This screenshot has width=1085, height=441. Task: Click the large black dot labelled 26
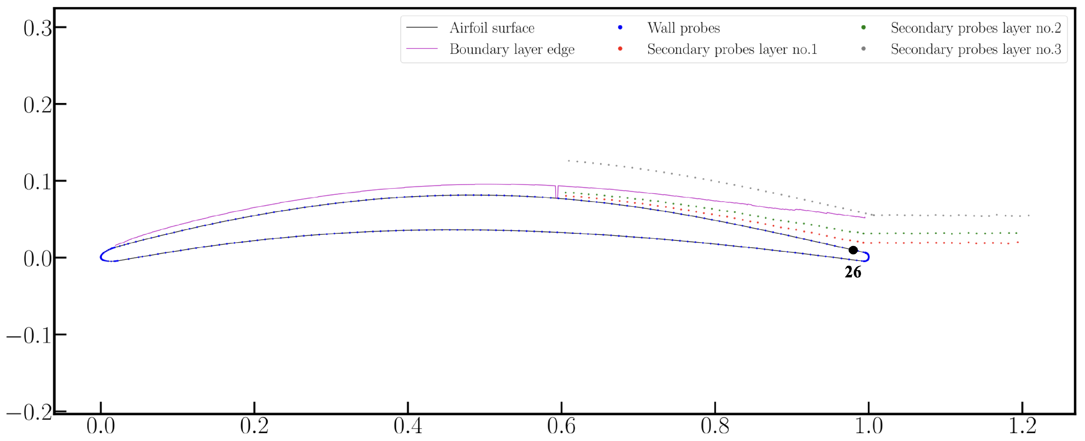tap(853, 250)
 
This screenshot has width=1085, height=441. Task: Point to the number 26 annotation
tap(853, 272)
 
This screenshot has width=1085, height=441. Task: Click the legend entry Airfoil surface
tap(492, 28)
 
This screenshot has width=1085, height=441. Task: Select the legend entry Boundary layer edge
tap(512, 49)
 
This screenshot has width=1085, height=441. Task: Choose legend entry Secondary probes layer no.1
tap(732, 49)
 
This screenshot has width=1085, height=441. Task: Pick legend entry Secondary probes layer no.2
tap(976, 28)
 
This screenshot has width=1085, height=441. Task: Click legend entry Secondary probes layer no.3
tap(976, 49)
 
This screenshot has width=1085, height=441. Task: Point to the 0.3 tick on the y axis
tap(37, 28)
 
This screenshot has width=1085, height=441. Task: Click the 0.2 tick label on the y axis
tap(37, 105)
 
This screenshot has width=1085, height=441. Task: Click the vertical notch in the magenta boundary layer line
tap(557, 192)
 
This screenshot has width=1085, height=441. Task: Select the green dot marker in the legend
tap(863, 27)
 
